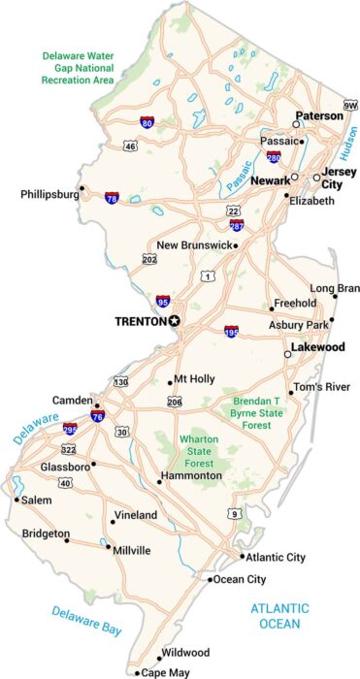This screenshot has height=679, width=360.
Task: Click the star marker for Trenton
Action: point(175,320)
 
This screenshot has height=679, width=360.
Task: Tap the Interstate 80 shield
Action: point(146,123)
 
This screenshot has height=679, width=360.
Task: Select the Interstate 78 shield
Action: point(113,197)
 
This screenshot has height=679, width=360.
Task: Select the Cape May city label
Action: point(163,672)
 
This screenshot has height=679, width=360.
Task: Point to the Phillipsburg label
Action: point(49,194)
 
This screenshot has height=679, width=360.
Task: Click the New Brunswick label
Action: point(193,245)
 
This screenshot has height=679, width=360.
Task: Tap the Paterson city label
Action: point(319,115)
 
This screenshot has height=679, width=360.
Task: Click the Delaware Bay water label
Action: point(87,621)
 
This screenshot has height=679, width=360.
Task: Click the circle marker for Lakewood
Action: point(287,355)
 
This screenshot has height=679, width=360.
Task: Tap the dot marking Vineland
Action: point(113,522)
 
